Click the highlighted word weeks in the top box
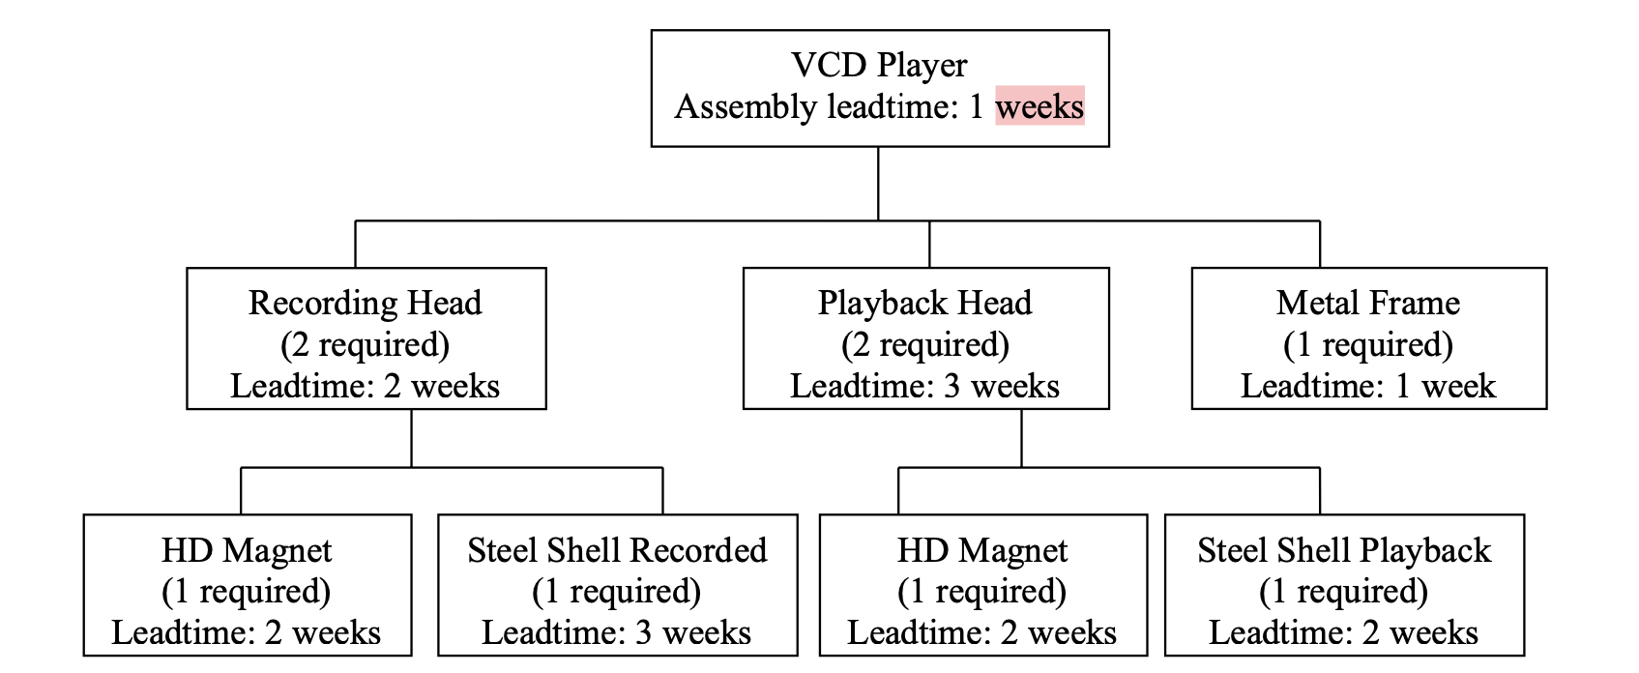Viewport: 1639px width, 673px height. [x=1039, y=106]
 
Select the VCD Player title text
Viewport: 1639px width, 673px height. [x=879, y=65]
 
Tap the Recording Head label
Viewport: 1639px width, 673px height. [x=365, y=303]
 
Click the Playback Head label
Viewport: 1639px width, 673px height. [x=924, y=303]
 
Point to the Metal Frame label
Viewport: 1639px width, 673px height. [x=1367, y=303]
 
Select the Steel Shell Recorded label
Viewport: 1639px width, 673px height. [x=617, y=550]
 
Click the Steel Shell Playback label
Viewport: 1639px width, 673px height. [x=1343, y=550]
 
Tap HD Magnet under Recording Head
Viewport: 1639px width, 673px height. [x=247, y=550]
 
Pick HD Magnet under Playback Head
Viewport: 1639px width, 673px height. [x=981, y=550]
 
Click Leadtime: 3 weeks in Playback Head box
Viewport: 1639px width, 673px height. [x=924, y=386]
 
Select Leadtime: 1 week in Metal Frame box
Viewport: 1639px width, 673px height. [x=1367, y=386]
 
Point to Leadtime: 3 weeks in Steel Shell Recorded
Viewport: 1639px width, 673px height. [x=617, y=632]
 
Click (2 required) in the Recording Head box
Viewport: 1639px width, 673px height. [x=365, y=344]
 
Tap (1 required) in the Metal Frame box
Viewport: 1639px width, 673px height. [x=1367, y=344]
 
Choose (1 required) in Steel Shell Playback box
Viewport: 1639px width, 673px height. [x=1343, y=591]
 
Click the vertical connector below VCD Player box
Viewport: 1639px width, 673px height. [x=878, y=184]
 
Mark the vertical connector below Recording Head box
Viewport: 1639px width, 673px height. [x=412, y=438]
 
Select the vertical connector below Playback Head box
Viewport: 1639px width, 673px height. [x=1021, y=438]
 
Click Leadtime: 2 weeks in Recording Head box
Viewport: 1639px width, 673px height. [x=365, y=386]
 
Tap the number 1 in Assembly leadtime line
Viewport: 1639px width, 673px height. [x=977, y=106]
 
